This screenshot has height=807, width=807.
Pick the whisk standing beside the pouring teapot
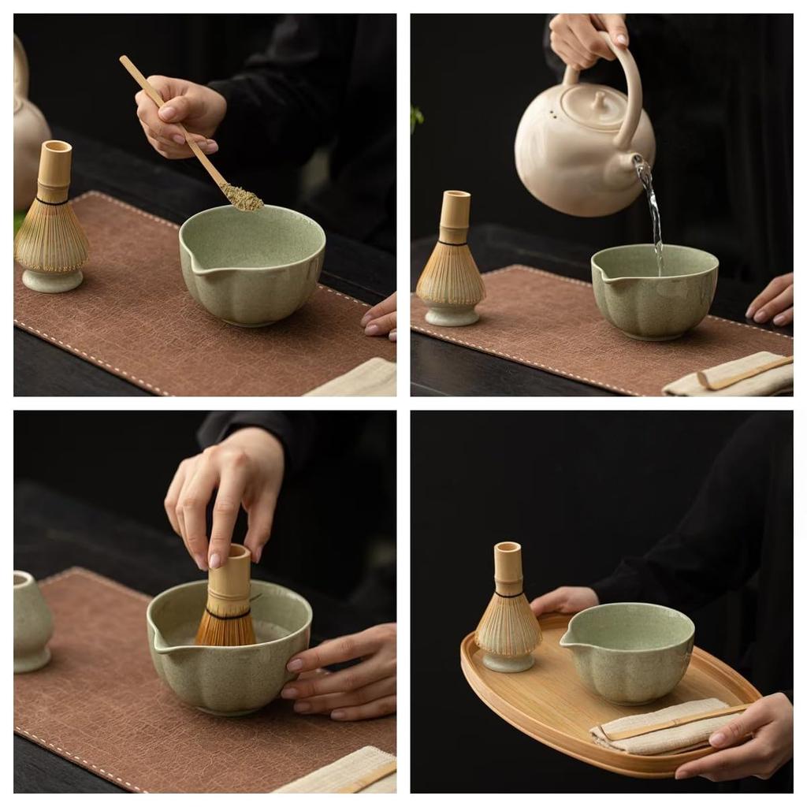pos(451,260)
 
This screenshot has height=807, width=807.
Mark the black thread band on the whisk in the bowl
pos(227,612)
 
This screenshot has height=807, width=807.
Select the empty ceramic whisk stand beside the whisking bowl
pos(32,623)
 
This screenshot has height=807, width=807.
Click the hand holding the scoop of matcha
pos(181,114)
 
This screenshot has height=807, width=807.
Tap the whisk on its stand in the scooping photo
pos(52,221)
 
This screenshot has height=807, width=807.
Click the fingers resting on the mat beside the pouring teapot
pos(772,303)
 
